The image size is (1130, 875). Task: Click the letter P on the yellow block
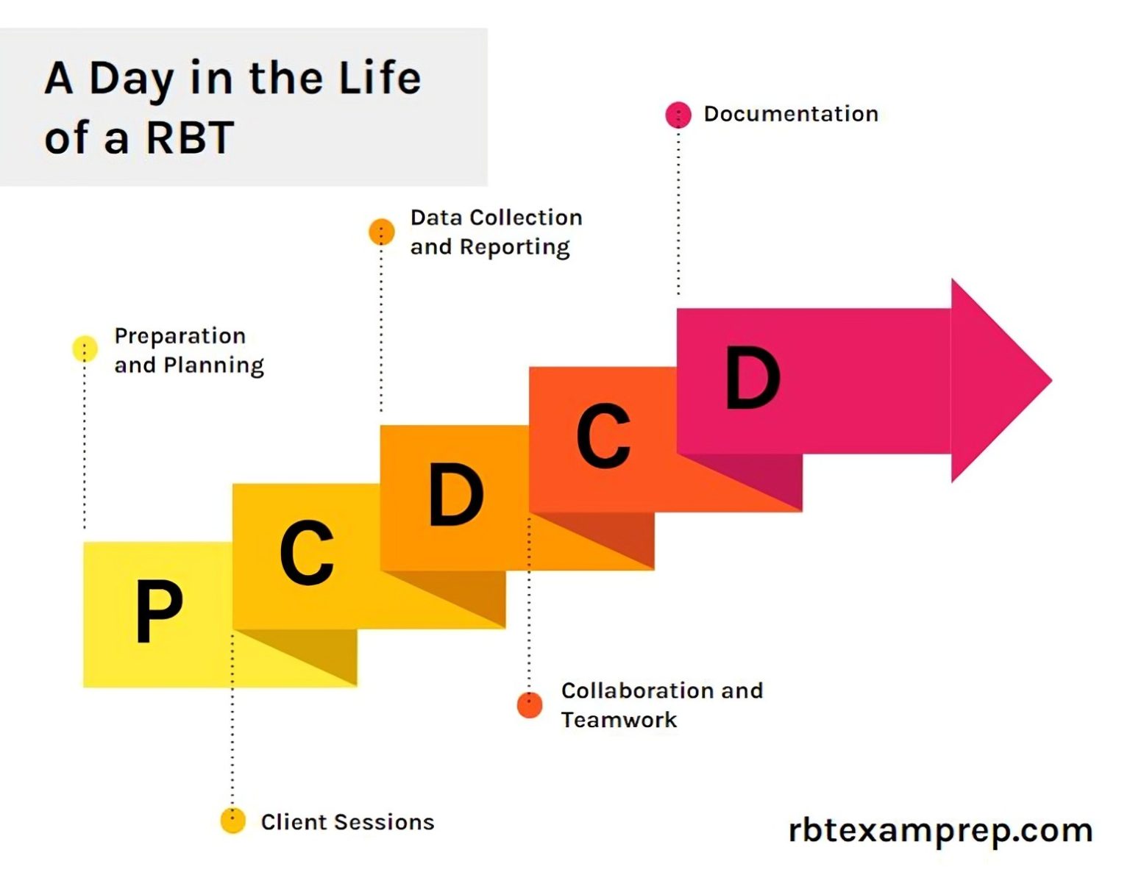(x=158, y=611)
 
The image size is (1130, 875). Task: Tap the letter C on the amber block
(x=307, y=553)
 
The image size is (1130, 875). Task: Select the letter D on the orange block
(x=455, y=494)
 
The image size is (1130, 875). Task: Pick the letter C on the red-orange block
(x=603, y=436)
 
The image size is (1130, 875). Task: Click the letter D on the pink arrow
(x=752, y=378)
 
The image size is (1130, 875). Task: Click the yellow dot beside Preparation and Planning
(x=85, y=349)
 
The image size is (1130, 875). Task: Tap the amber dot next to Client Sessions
(x=232, y=820)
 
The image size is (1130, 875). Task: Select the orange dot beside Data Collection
(x=381, y=232)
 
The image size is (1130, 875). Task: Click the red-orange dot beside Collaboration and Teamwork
(x=529, y=704)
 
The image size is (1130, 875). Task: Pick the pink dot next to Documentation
(x=678, y=115)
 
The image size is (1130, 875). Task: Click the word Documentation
(x=791, y=114)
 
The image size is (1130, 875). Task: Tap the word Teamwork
(x=619, y=720)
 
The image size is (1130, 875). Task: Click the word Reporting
(x=514, y=248)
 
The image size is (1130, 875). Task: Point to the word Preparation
(x=180, y=337)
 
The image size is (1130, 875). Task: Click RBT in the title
(x=190, y=137)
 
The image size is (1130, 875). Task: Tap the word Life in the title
(x=380, y=78)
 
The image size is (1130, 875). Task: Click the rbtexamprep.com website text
(x=939, y=831)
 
